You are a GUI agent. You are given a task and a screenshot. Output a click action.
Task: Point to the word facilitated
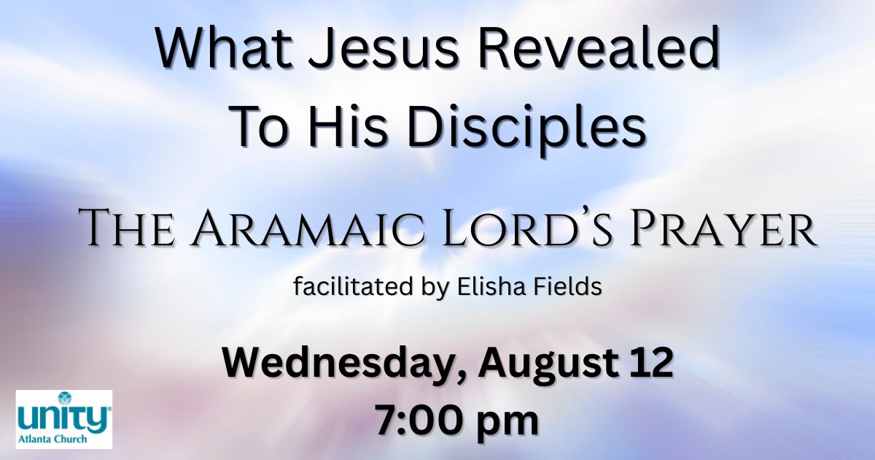(353, 286)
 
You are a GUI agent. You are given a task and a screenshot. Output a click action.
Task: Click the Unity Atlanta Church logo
(64, 419)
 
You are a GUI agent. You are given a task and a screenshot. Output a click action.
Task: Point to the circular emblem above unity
(64, 398)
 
